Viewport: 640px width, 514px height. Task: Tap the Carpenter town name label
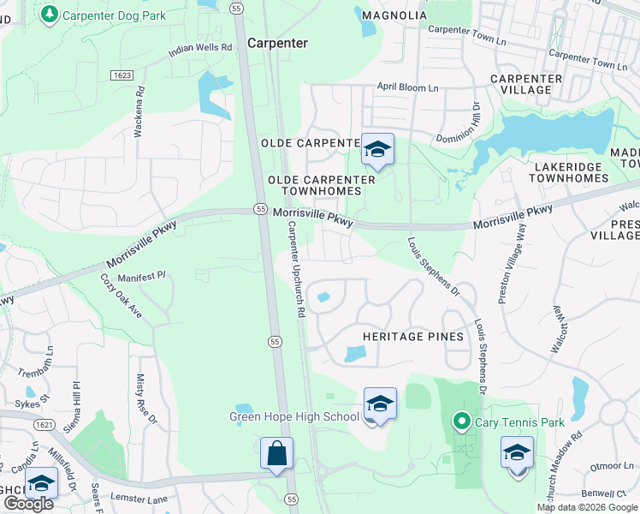point(277,43)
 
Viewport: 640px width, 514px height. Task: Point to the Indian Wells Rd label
point(200,49)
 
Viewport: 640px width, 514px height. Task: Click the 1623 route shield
point(121,76)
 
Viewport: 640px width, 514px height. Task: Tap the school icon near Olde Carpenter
point(376,150)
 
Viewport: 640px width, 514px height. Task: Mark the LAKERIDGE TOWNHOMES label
point(568,172)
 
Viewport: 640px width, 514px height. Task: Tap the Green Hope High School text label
point(293,417)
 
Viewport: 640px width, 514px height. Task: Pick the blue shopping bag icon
point(277,453)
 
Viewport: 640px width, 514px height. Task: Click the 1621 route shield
point(44,424)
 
